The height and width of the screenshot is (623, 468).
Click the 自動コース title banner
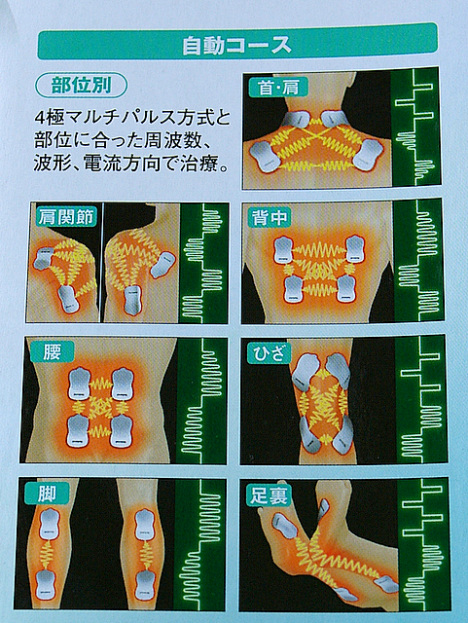pyautogui.click(x=237, y=42)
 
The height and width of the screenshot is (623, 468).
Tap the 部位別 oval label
pyautogui.click(x=82, y=86)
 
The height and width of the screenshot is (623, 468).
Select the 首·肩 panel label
pyautogui.click(x=278, y=88)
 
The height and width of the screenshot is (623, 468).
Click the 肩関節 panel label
pyautogui.click(x=66, y=216)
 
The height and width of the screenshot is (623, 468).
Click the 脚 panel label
pyautogui.click(x=47, y=495)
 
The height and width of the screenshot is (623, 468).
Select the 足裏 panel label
pyautogui.click(x=269, y=496)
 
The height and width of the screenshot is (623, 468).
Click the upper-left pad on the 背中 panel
pyautogui.click(x=284, y=250)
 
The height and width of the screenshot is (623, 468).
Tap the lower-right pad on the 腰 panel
pyautogui.click(x=123, y=431)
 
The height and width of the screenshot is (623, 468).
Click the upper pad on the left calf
pyautogui.click(x=50, y=524)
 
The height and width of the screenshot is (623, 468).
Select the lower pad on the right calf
pyautogui.click(x=145, y=586)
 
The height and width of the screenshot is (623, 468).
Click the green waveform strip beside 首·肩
pyautogui.click(x=415, y=128)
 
